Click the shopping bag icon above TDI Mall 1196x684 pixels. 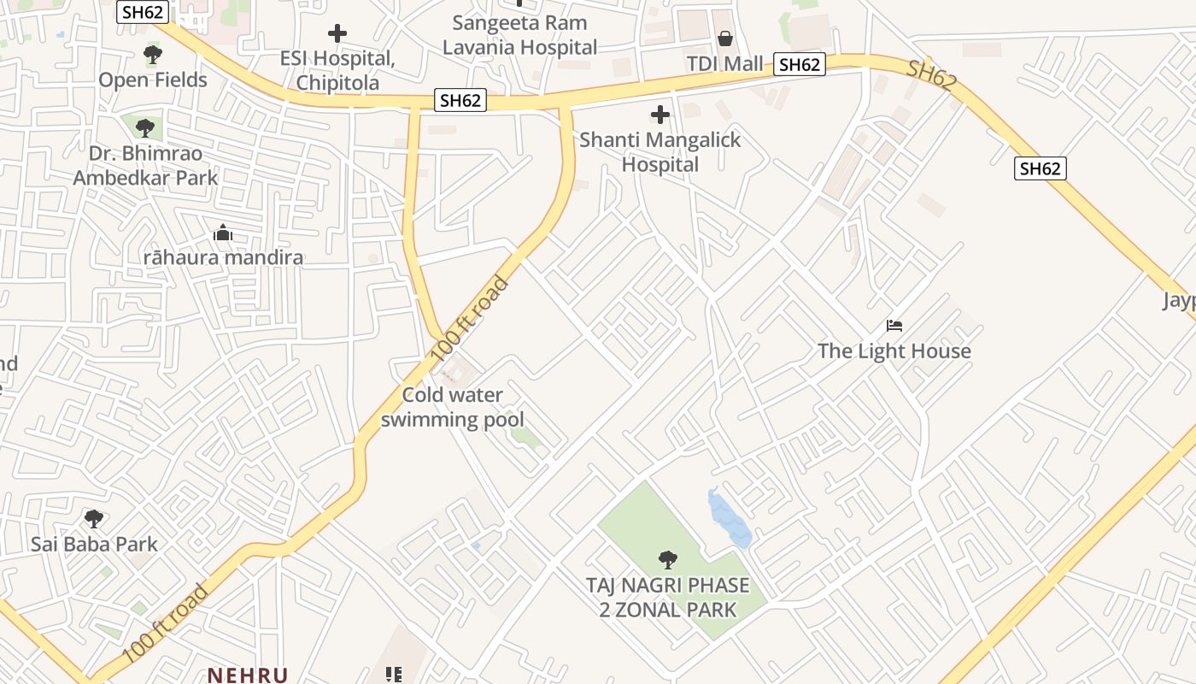coord(724,38)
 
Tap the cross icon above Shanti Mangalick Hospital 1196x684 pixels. coord(660,114)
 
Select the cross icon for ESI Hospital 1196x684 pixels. coord(337,34)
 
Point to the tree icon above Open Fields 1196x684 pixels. coord(153,56)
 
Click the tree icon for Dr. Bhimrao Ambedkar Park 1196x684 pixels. coord(145,128)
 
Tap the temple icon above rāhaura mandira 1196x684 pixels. coord(223,233)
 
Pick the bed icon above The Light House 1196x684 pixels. coord(894,326)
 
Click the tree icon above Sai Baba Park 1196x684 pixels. coord(94,519)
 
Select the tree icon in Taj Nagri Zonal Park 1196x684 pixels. coord(668,561)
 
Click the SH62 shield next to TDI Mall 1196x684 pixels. coord(800,64)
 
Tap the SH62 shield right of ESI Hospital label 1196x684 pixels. coord(460,100)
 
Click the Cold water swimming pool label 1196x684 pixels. coord(453,407)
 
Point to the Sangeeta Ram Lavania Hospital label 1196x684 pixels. coord(519,35)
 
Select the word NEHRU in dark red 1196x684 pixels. coord(248,675)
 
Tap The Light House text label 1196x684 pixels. coord(894,351)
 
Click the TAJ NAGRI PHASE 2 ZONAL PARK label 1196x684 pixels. coord(668,598)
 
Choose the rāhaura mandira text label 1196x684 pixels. coord(223,257)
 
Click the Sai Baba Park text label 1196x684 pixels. coord(94,545)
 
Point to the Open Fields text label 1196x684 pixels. coord(153,80)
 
